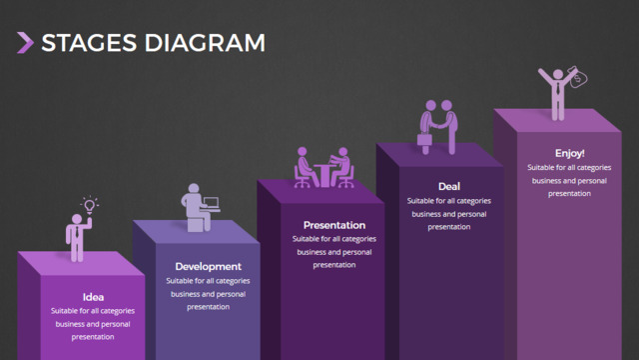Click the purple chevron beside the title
pos(25,42)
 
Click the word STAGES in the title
pos(89,43)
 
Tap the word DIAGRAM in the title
pos(205,43)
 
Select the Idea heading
pos(93,297)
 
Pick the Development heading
pos(209,267)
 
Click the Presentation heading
pos(334,225)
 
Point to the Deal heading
pos(449,187)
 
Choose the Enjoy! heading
pos(569,153)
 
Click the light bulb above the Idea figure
pos(90,205)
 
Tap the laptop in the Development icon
pos(212,203)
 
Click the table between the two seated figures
pos(324,175)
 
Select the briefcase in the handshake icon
pos(424,140)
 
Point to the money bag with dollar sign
pos(578,77)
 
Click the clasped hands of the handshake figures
pos(439,124)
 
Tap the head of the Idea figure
pos(77,219)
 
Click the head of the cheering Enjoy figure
pos(558,75)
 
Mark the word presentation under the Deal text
pos(449,227)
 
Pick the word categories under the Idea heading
pos(118,311)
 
